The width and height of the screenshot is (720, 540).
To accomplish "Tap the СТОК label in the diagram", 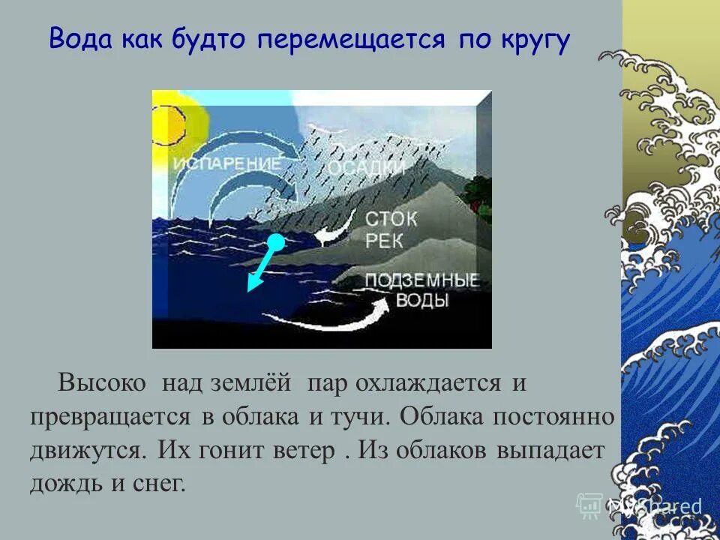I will (391, 218).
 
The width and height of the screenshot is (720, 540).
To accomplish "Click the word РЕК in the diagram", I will (384, 240).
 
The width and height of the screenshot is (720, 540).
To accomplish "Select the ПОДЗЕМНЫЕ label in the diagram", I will (421, 281).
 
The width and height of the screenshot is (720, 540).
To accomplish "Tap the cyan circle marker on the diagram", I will (276, 241).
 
